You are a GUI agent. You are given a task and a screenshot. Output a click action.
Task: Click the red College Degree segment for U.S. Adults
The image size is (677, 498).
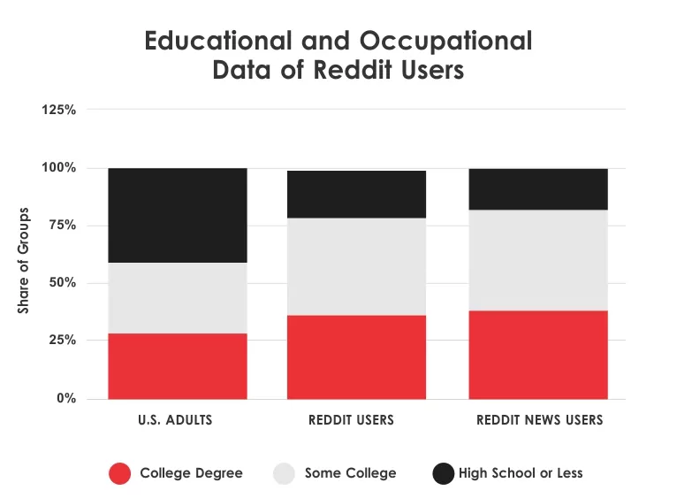177,365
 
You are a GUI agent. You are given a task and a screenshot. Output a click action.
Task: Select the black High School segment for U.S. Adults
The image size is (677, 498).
177,215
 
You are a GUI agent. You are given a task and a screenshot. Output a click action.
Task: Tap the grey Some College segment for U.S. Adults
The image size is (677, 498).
177,297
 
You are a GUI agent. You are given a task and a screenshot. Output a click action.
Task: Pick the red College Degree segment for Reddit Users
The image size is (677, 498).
356,356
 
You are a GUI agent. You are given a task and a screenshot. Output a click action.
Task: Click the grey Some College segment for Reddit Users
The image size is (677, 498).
356,266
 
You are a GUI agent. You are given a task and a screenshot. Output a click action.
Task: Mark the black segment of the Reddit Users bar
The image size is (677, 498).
356,194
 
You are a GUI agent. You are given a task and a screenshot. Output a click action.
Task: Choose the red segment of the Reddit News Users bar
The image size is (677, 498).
538,354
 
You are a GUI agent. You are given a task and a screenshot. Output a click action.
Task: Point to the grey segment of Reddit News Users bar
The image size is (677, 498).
538,260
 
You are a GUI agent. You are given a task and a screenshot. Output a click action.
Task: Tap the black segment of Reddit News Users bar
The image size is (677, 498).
538,188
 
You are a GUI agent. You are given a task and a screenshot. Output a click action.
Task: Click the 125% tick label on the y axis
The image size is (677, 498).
58,110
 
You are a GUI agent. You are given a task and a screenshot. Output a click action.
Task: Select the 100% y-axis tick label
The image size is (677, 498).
58,168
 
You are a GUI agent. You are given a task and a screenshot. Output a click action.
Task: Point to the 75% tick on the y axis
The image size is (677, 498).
62,226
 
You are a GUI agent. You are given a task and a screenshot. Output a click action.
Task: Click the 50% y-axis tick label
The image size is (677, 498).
62,283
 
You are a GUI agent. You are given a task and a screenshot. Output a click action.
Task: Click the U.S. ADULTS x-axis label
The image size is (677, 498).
177,420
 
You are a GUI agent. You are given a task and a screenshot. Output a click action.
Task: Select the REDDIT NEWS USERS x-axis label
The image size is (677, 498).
539,420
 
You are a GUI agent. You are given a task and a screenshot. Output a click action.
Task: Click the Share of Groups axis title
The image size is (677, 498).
24,261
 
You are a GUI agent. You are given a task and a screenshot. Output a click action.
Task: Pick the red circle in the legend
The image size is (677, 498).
120,473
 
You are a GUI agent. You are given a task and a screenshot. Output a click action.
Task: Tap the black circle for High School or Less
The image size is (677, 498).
443,473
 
